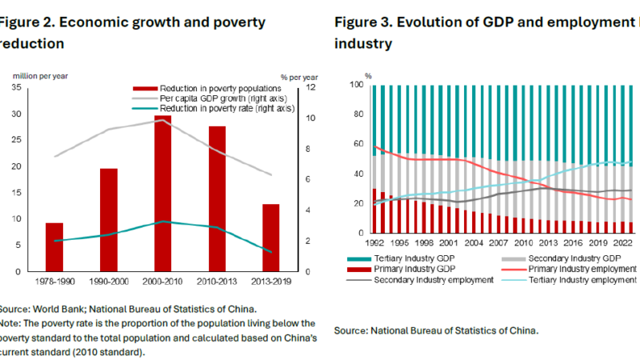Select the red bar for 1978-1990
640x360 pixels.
coord(54,247)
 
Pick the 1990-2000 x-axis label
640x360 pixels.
coord(109,282)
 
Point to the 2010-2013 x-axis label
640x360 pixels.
coord(218,282)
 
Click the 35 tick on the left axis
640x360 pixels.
coord(17,86)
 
